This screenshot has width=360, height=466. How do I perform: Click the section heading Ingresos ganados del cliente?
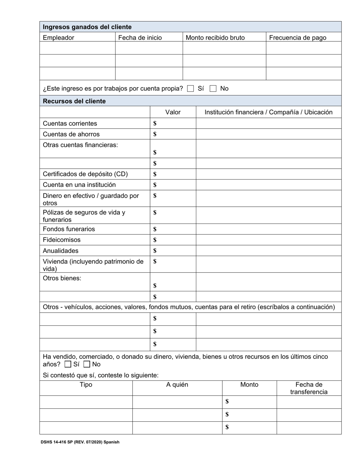tap(87, 27)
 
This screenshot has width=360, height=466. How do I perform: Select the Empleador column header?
tap(58, 38)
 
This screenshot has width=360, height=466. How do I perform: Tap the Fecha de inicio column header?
tap(140, 38)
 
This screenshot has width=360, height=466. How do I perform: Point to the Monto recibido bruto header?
tap(215, 38)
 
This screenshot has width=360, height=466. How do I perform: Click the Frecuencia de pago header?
tap(297, 38)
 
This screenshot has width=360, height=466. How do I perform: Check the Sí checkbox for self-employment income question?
tap(191, 89)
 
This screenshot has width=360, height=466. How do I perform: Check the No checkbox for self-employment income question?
tap(213, 89)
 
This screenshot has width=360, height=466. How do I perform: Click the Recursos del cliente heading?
tap(74, 101)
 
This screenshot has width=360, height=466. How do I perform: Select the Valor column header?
tap(173, 112)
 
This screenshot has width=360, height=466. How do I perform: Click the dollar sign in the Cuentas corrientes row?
tap(155, 124)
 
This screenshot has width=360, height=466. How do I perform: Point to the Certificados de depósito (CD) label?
tap(85, 174)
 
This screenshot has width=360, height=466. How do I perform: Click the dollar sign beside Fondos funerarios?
tap(155, 229)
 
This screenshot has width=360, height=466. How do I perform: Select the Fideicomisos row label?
tap(61, 240)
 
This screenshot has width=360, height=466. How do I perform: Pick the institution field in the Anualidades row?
tap(268, 251)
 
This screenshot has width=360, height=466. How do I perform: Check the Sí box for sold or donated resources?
tap(68, 364)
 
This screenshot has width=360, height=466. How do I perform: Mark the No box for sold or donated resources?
tap(87, 364)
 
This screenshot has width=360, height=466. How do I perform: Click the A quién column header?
tap(177, 385)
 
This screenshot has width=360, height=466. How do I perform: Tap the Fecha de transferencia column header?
tap(308, 388)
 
